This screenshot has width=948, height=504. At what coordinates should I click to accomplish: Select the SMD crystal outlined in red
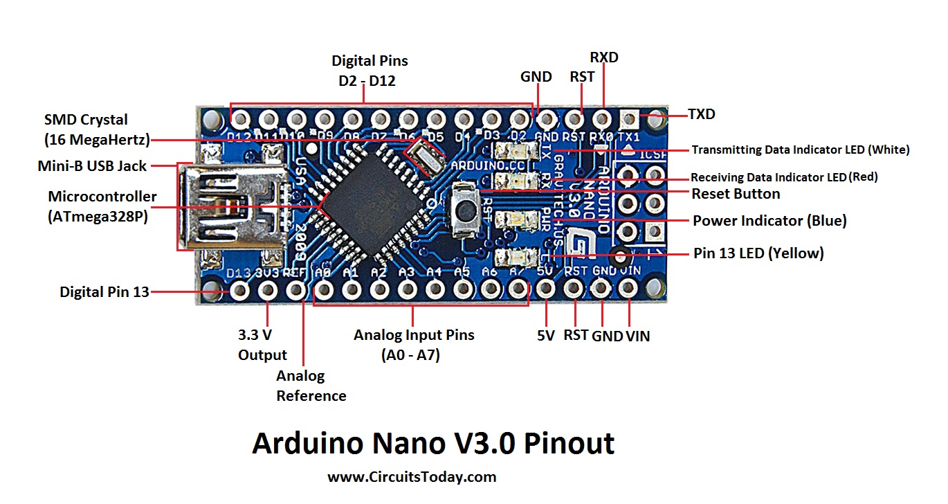pos(424,154)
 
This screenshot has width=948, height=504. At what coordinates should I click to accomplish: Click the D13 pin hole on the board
pos(240,289)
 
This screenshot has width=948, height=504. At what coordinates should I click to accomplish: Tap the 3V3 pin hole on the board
pos(268,289)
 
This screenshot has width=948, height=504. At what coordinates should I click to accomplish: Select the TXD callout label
pos(701,114)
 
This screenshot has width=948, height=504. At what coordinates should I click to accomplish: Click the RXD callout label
pos(604,57)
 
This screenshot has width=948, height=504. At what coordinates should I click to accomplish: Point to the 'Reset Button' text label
pos(736,194)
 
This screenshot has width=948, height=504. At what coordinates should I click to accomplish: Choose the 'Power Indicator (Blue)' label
pos(769,221)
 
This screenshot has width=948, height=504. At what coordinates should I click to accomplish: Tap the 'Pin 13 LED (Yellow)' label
pos(758,253)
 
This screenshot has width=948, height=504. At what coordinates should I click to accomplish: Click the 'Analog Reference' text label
pos(311,386)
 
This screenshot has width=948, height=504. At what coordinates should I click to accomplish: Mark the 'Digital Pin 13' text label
pos(104,292)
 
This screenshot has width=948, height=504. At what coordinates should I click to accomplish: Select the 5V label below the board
pos(545,336)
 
